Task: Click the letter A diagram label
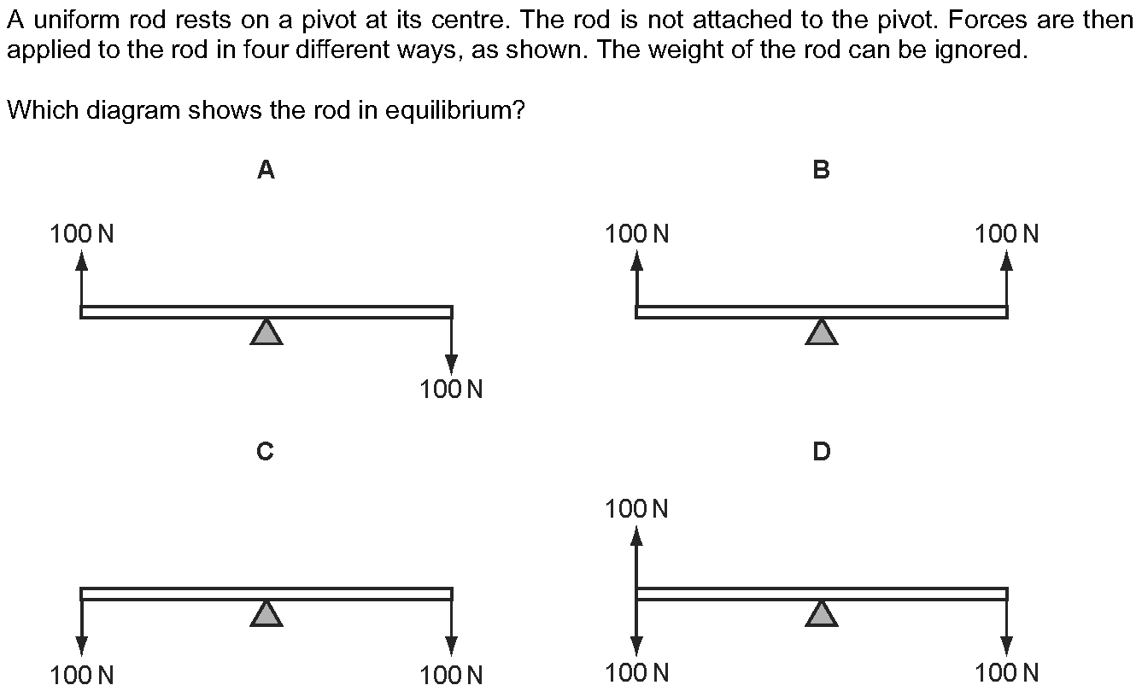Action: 266,170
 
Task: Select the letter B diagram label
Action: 822,170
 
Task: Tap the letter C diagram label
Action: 265,452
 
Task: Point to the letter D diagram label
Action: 822,452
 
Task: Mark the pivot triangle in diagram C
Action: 266,614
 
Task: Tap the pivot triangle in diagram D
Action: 822,614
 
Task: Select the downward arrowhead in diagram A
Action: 451,365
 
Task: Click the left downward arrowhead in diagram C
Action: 81,646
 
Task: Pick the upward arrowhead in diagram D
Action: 636,536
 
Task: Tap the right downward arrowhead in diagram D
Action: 1006,646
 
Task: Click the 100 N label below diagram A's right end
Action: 451,390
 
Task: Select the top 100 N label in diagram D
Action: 636,509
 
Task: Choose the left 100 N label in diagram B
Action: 636,235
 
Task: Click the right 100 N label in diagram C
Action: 451,676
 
